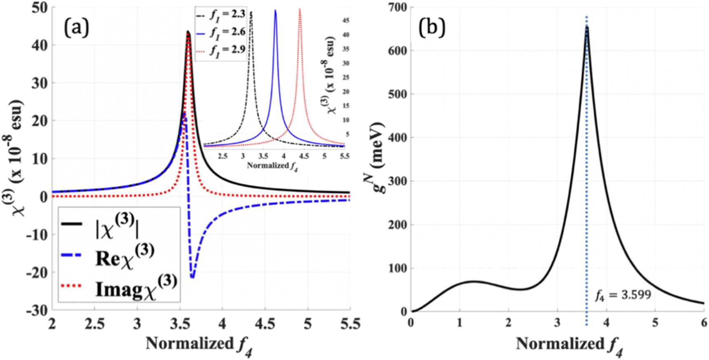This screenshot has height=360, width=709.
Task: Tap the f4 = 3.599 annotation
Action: [x=622, y=295]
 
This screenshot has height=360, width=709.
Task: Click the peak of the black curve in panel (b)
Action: [x=587, y=27]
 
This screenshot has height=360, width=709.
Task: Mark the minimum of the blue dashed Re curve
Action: [x=192, y=278]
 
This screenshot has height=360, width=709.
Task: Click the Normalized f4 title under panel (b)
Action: [x=569, y=344]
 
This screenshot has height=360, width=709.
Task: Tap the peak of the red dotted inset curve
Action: [x=300, y=9]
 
